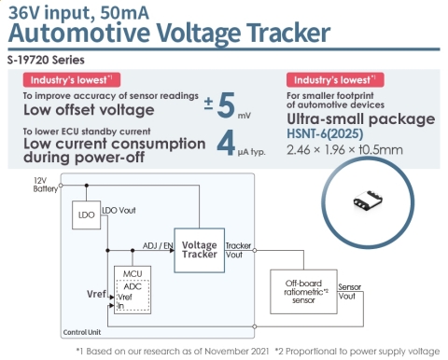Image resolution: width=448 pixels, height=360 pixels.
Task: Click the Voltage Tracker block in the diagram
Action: coord(199,250)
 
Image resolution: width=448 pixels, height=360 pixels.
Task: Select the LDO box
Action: coord(85,216)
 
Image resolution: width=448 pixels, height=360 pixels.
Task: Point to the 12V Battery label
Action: coord(46,184)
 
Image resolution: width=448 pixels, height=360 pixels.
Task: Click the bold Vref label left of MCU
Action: coord(96,294)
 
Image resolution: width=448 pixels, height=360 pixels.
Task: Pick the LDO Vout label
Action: coord(118,210)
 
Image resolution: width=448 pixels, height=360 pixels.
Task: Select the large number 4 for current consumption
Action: coord(224,143)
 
